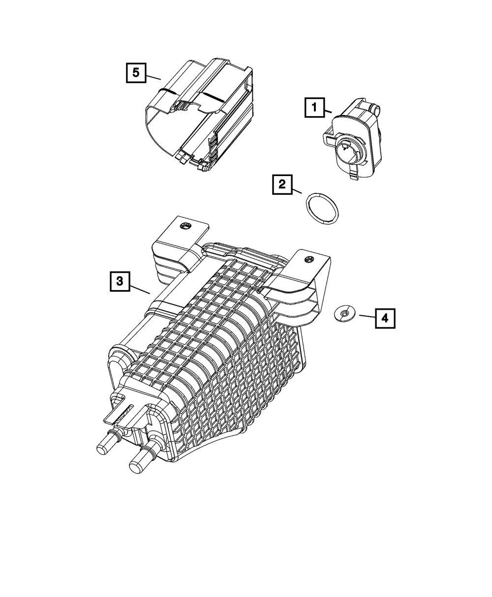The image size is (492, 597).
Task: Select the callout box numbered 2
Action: [282, 184]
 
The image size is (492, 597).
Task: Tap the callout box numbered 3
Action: [120, 282]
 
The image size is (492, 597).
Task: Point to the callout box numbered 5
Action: [135, 73]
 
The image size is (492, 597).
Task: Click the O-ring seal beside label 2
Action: [323, 209]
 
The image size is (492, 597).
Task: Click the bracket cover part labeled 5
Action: [202, 113]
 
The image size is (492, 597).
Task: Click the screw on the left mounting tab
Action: [186, 226]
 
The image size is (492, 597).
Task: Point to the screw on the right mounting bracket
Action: [309, 259]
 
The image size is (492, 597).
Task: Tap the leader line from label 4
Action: [367, 316]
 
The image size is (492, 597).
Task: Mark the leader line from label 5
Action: [154, 76]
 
